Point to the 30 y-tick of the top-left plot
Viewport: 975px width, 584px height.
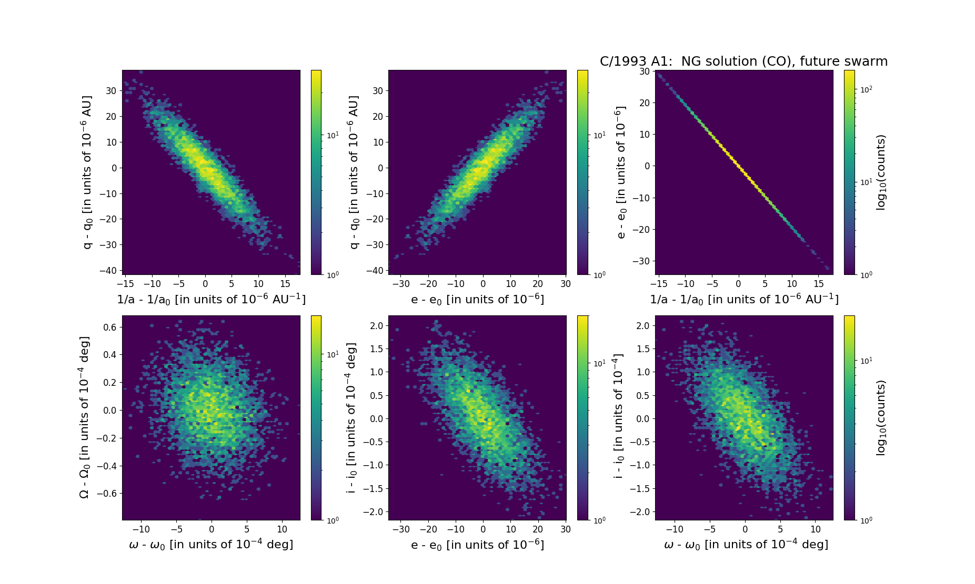111,90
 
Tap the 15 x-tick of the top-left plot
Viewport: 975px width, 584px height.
285,284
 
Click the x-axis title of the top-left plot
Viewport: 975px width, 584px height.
211,299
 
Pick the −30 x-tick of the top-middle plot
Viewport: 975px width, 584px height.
401,284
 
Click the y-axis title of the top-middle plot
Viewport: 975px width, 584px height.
354,172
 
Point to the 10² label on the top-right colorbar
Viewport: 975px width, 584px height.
866,89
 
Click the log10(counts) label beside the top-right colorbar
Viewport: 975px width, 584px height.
881,172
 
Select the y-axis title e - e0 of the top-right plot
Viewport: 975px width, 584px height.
621,172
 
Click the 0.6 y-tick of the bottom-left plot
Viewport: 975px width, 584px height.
109,327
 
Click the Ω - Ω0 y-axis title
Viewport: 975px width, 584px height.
84,417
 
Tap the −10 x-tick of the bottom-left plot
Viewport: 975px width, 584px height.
141,529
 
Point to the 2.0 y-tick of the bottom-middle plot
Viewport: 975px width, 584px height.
376,325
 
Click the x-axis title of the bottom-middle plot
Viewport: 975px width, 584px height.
477,545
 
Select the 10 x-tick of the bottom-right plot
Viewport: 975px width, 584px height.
816,529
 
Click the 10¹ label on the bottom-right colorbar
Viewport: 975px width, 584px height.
866,361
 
